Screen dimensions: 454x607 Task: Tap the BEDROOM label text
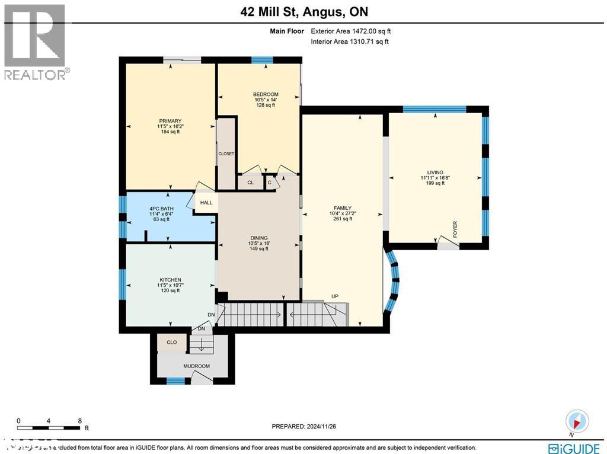(x=266, y=95)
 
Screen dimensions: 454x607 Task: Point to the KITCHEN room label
(x=170, y=280)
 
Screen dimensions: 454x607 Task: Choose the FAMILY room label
(x=343, y=208)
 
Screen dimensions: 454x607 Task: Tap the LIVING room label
(x=435, y=172)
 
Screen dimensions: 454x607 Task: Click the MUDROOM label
(x=196, y=366)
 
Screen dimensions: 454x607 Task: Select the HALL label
(x=206, y=203)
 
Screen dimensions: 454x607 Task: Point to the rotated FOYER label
(x=455, y=228)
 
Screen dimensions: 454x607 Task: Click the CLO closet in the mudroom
(x=171, y=343)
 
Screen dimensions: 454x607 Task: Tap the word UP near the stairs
(x=335, y=296)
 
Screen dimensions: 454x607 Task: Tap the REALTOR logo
(x=36, y=42)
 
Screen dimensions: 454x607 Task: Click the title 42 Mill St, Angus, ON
(x=303, y=12)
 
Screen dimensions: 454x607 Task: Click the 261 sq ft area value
(x=343, y=219)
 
